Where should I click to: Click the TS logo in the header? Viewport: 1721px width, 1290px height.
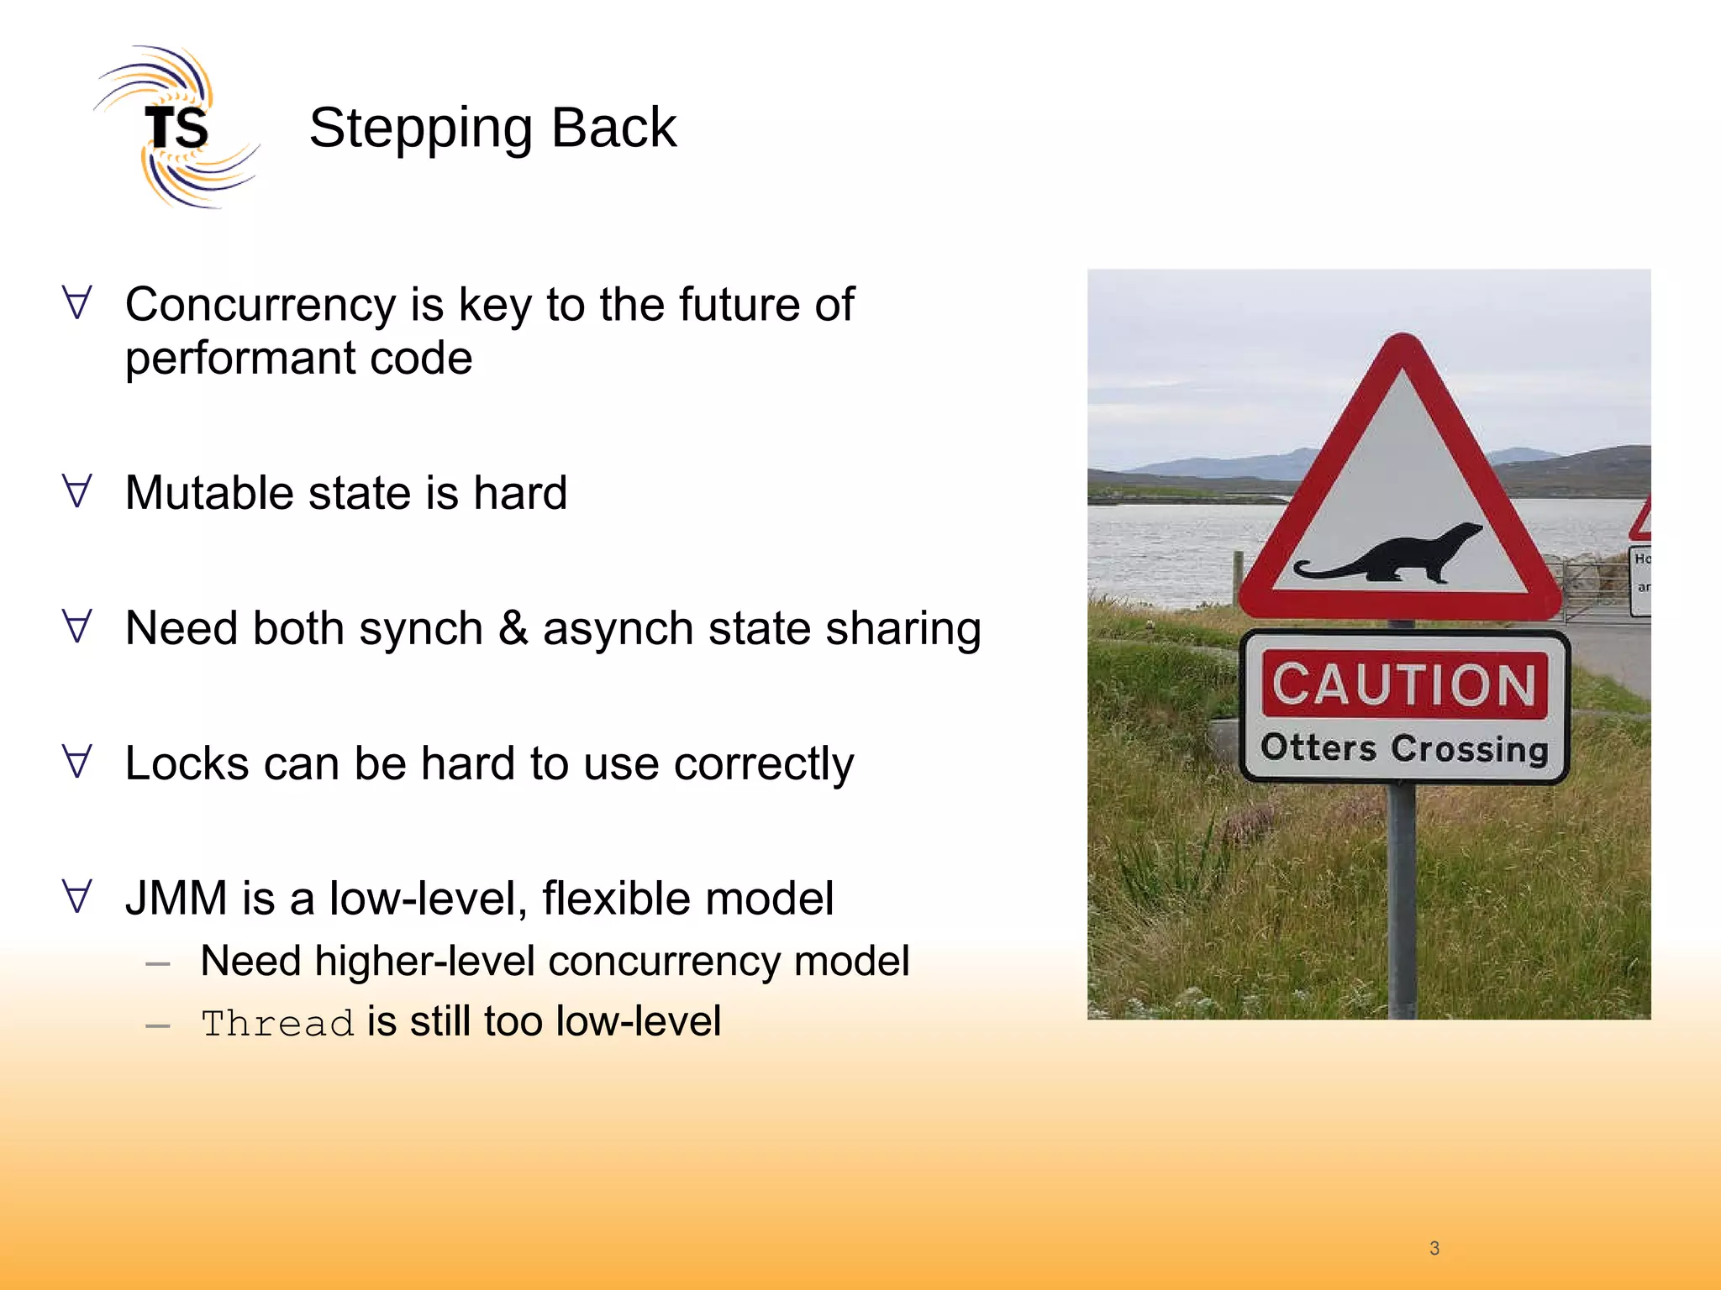point(176,128)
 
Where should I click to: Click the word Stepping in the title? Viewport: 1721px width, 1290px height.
point(420,128)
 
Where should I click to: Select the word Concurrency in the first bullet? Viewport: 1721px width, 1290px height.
point(261,304)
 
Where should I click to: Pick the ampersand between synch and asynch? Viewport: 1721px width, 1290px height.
point(513,628)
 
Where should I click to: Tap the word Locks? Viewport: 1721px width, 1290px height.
point(187,763)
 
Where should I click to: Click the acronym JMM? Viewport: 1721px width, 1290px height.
point(176,899)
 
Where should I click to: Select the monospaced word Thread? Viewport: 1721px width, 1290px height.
point(277,1024)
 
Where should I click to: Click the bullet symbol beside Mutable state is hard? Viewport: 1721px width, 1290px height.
point(77,490)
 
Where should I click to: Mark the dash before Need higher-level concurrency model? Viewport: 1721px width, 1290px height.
point(158,964)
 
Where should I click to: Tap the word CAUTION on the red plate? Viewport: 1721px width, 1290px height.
point(1404,684)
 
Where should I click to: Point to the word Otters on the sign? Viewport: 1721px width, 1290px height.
point(1318,747)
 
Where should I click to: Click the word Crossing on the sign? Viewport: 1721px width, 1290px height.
point(1469,748)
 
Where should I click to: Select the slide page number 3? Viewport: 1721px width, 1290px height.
point(1434,1248)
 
